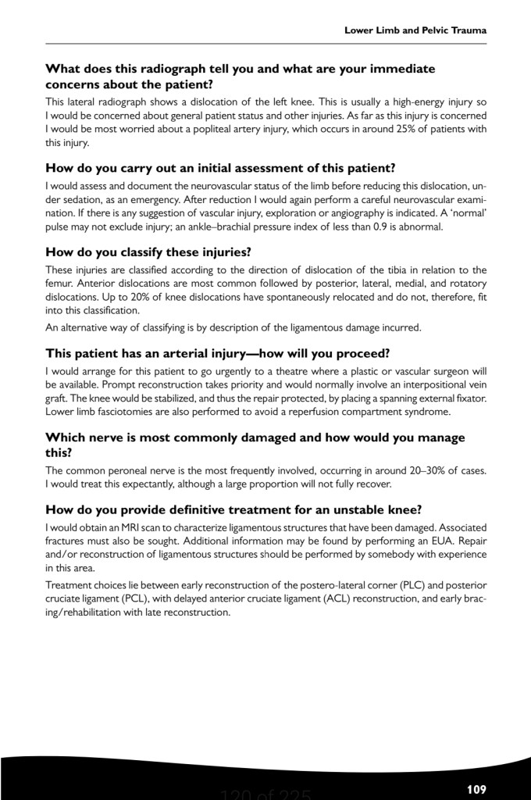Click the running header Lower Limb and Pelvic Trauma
point(415,30)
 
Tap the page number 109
point(476,789)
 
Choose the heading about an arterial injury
point(201,353)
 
